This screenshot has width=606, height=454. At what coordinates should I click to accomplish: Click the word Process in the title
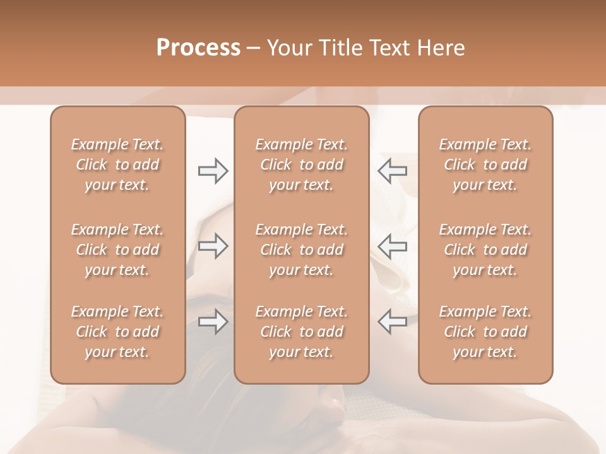(198, 48)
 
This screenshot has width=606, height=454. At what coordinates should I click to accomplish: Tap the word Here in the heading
(441, 48)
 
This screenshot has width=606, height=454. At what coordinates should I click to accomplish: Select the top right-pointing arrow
(213, 171)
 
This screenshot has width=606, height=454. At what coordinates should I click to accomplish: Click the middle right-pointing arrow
(213, 246)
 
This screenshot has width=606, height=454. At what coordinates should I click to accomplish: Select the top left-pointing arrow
(392, 171)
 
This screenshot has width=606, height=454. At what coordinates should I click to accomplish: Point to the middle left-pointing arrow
(392, 246)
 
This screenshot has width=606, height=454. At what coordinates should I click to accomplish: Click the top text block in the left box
(117, 165)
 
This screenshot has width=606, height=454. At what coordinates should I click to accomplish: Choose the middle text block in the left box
(117, 250)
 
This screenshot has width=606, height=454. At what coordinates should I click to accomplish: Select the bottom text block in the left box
(117, 332)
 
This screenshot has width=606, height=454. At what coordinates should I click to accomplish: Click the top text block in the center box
(302, 165)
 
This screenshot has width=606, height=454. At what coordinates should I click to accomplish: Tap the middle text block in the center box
(302, 250)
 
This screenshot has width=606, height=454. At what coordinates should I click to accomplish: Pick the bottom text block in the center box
(302, 332)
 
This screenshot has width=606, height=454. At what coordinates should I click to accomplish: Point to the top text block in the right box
(485, 165)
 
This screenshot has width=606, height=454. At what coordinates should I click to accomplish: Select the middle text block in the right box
(485, 250)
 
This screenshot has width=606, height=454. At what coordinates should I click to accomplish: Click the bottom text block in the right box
(485, 332)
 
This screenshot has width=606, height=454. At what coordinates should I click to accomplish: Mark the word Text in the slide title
(392, 48)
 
